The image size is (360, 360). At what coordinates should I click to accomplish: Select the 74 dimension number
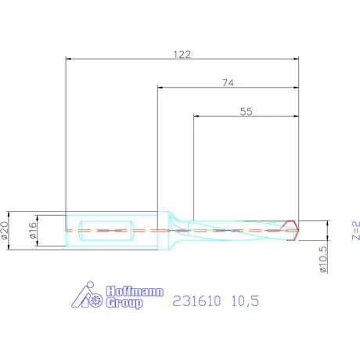click(229, 81)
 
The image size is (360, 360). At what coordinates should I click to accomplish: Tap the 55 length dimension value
click(246, 112)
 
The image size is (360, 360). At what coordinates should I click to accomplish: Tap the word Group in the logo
click(126, 302)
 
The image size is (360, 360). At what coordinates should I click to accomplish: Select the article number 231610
click(195, 300)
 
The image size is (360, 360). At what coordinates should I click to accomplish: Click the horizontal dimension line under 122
click(182, 59)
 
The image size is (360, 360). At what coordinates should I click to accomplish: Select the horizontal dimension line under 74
click(229, 87)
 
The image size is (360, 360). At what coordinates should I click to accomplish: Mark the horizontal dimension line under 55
click(246, 117)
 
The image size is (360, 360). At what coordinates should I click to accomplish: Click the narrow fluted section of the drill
click(235, 230)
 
